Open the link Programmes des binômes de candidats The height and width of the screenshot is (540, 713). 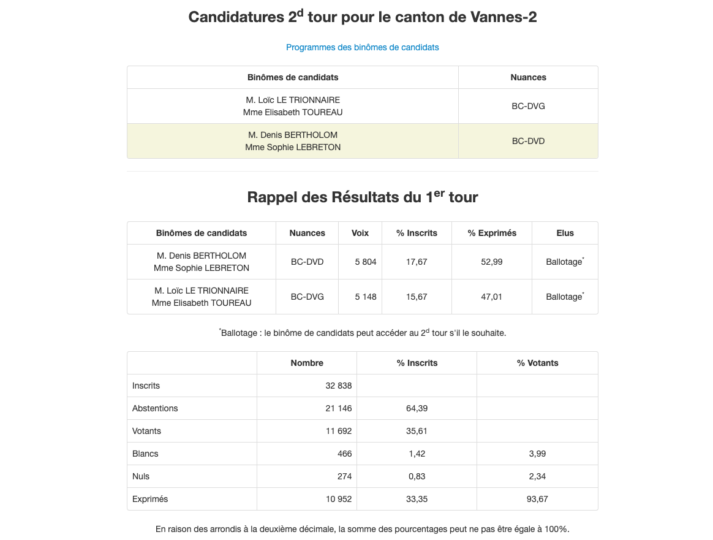tap(362, 47)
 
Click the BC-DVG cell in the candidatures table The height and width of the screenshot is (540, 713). tap(528, 106)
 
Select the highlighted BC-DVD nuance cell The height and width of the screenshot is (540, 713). tap(528, 141)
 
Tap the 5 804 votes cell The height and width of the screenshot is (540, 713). tap(366, 262)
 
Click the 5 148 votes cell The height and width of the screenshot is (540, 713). tap(366, 297)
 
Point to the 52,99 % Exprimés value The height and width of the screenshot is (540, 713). tap(492, 262)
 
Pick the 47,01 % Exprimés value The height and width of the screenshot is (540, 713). tap(492, 297)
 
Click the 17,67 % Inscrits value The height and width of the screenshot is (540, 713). tap(417, 262)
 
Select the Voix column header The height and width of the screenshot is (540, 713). tap(360, 233)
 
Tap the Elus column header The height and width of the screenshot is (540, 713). tap(565, 233)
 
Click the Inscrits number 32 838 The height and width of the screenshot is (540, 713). tap(339, 386)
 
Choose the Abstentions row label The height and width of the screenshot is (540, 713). tap(155, 408)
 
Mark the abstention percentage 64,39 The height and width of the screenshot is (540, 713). tap(417, 408)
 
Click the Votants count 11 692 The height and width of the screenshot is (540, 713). tap(339, 431)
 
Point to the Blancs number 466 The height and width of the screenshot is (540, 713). tap(344, 454)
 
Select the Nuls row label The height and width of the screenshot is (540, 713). tap(141, 476)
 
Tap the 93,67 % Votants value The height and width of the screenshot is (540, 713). tap(537, 499)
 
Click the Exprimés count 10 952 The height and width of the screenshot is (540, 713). tap(339, 499)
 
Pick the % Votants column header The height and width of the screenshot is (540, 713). tap(537, 363)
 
